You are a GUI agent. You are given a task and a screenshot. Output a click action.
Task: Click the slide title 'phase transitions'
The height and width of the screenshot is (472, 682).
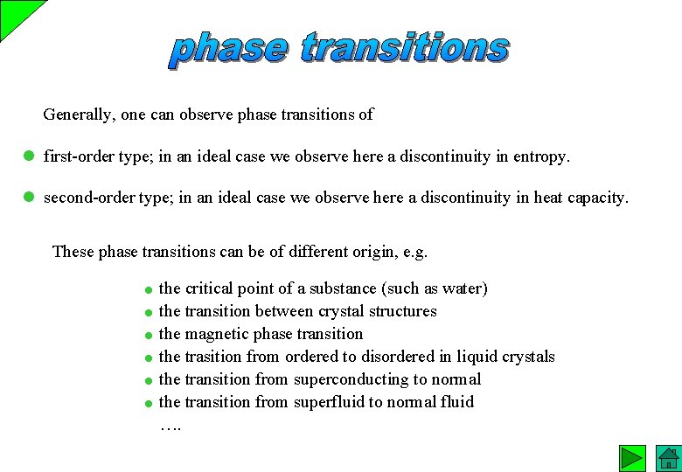[339, 48]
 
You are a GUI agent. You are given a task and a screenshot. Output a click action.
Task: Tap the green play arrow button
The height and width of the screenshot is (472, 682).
[632, 458]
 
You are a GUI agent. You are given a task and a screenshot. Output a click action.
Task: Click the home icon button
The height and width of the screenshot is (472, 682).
[668, 458]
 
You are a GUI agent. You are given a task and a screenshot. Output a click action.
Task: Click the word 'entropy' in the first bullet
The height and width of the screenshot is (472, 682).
[541, 157]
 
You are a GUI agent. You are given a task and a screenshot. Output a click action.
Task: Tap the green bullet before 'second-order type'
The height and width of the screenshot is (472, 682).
[28, 198]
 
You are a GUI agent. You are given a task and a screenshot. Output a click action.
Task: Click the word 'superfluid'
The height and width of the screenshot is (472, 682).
[329, 402]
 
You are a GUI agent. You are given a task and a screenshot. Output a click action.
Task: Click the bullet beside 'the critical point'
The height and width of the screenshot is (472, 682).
[150, 289]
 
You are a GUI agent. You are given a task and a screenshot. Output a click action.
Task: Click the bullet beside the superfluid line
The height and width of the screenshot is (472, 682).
[150, 403]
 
